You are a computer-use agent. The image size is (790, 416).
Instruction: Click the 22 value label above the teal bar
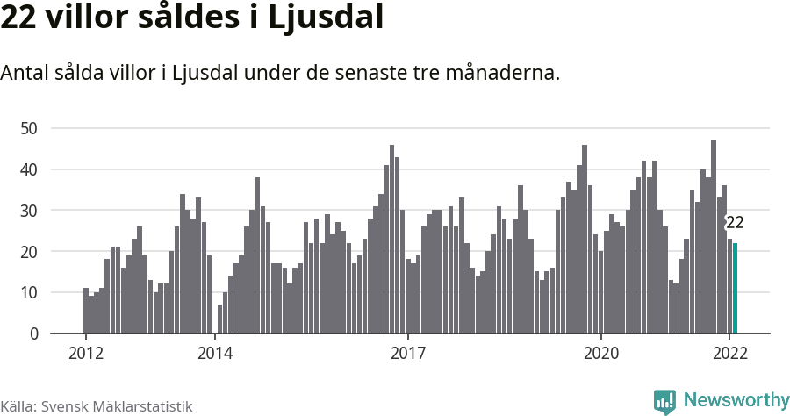point(735,222)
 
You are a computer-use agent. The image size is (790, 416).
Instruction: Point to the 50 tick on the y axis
point(29,128)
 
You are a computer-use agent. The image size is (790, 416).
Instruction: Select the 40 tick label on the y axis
point(29,169)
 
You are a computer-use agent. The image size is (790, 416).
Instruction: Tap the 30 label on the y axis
point(29,211)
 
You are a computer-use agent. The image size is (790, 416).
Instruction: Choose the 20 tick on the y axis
point(29,252)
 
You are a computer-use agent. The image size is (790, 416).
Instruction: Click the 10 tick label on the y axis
point(29,292)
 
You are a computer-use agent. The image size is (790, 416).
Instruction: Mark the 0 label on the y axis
point(33,334)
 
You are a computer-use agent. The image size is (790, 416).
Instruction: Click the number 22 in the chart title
point(19,18)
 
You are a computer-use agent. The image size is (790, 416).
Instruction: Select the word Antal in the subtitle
point(25,74)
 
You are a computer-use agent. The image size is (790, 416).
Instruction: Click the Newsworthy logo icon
point(664,401)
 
